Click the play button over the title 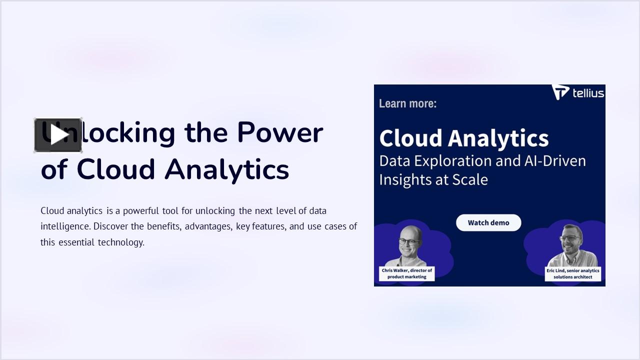[x=58, y=135]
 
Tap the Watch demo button [x=488, y=222]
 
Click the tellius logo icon [x=560, y=92]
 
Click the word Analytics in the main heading [x=227, y=169]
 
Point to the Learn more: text [x=407, y=103]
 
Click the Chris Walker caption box [x=406, y=273]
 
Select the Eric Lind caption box [x=572, y=273]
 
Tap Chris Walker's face [x=409, y=243]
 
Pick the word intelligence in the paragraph [x=65, y=226]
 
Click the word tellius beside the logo [x=588, y=93]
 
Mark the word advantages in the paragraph [x=208, y=226]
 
